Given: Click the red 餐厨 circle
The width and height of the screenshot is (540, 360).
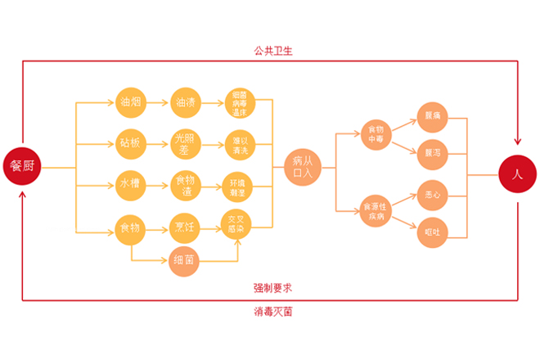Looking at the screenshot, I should (x=23, y=167).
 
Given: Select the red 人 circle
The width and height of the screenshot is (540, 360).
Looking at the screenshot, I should (x=517, y=174).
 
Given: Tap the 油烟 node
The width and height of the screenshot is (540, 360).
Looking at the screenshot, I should (x=131, y=103).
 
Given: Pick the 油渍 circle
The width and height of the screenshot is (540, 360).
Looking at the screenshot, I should (x=185, y=103).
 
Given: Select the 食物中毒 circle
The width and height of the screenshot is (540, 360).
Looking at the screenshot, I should (x=376, y=133).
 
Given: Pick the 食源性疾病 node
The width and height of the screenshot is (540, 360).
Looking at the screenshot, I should (x=376, y=210).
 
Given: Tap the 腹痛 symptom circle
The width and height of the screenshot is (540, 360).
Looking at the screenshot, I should (x=432, y=115).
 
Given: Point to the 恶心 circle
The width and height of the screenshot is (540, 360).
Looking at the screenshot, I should (x=432, y=195).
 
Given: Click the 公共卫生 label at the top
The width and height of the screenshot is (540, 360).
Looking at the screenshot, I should (x=272, y=51).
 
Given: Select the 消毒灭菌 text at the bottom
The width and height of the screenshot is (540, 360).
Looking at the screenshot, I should (x=273, y=311).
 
